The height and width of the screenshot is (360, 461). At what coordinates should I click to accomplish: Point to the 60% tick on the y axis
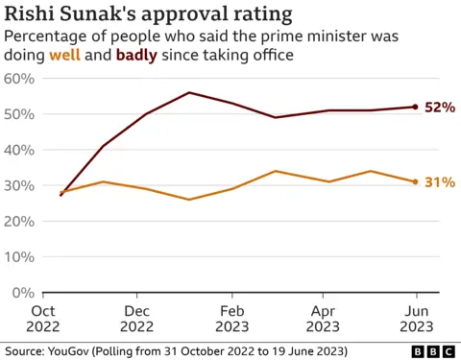click(20, 78)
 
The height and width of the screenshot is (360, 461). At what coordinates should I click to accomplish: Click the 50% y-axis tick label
click(20, 114)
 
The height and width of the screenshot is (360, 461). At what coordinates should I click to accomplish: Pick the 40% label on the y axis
click(20, 150)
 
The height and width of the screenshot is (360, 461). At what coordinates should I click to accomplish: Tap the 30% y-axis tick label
click(20, 185)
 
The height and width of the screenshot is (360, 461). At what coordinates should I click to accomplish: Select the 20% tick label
click(20, 221)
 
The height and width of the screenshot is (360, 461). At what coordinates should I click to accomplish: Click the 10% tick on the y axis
click(20, 257)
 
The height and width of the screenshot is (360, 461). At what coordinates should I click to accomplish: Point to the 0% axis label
click(24, 293)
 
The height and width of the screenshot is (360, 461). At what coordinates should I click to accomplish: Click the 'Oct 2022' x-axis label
click(44, 319)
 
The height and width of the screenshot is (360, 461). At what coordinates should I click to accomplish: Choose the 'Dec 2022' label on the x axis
click(137, 319)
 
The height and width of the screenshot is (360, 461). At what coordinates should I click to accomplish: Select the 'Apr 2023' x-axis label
click(324, 319)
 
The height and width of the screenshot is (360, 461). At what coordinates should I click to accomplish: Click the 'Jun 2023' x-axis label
click(416, 319)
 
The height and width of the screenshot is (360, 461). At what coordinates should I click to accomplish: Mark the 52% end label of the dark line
click(439, 108)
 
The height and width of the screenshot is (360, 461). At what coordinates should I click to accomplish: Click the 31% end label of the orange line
click(439, 182)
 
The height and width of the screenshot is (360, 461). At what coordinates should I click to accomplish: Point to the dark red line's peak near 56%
click(189, 93)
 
